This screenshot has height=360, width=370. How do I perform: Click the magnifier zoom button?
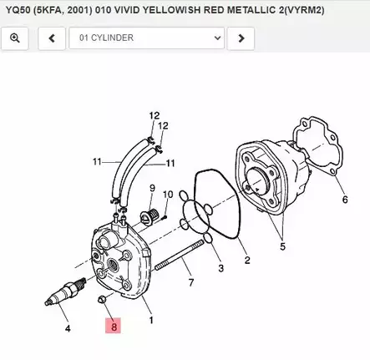click(15, 38)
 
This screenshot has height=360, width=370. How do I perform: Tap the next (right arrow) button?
click(241, 38)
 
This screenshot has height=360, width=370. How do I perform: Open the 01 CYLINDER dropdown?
click(150, 38)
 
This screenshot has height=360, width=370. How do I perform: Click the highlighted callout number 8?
click(114, 327)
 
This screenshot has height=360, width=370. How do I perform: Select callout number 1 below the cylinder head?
click(150, 319)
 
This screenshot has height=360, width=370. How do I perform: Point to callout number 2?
click(246, 260)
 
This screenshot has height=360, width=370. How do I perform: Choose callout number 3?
click(220, 268)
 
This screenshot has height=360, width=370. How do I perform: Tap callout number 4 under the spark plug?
click(68, 328)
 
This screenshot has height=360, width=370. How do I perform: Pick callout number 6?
click(344, 200)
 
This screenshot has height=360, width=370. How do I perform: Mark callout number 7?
click(190, 283)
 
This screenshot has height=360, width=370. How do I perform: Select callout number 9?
click(153, 190)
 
